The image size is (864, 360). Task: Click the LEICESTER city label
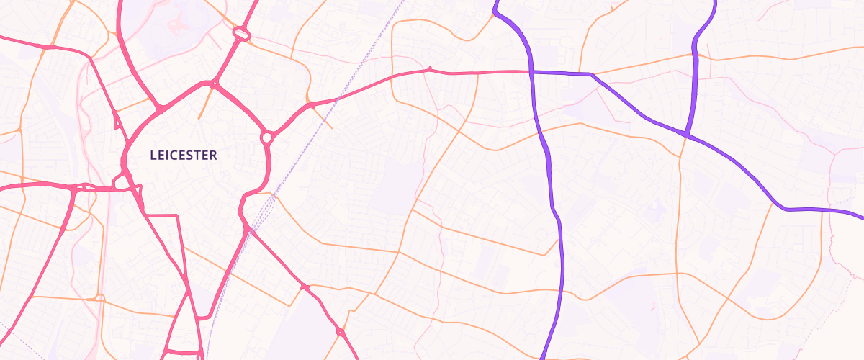click(184, 155)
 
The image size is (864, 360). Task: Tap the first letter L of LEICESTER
click(153, 155)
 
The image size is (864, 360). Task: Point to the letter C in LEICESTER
click(175, 155)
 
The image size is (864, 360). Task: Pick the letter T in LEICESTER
click(198, 155)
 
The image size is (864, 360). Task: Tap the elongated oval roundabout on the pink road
click(240, 33)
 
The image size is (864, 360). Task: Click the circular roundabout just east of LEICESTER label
click(266, 136)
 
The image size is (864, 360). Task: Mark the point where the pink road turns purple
click(531, 71)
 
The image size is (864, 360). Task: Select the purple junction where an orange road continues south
click(685, 135)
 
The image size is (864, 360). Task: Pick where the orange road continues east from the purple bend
click(595, 74)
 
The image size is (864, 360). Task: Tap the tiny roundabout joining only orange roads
click(99, 297)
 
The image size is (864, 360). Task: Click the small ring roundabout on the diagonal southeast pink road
click(340, 332)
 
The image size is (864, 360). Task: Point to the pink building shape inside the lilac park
click(175, 23)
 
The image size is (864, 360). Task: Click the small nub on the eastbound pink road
click(430, 68)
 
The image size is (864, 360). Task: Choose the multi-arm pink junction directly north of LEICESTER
click(213, 84)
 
